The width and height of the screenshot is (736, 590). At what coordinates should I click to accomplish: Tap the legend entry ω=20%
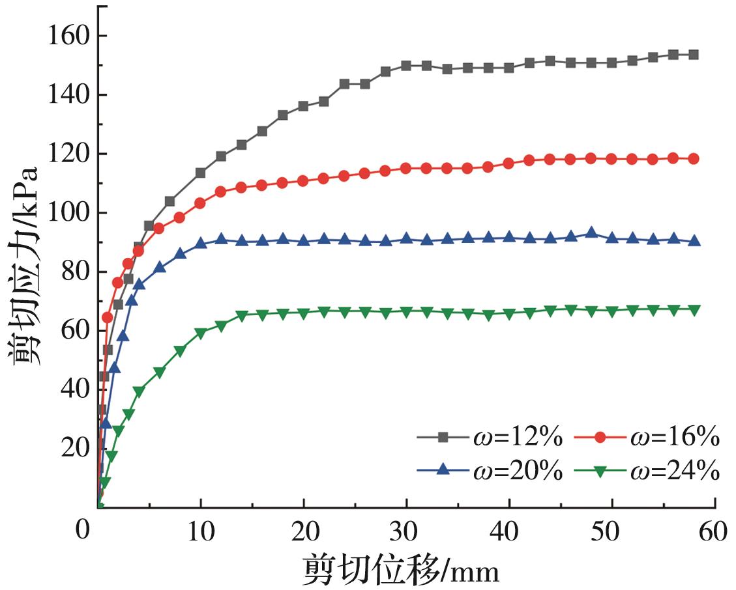pos(489,471)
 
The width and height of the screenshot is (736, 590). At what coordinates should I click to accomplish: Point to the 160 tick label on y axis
pos(69,36)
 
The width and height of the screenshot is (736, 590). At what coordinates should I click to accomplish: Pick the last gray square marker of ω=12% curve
pos(694,55)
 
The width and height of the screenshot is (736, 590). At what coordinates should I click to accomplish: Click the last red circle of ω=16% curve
pos(694,159)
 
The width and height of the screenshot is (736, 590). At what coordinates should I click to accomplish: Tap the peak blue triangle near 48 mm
pos(591,232)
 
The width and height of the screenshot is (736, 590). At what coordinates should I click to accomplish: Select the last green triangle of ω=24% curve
pos(694,310)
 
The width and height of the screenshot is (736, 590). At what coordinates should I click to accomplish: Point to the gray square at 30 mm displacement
pos(406,66)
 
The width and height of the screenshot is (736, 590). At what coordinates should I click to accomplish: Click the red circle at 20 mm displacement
pos(303,181)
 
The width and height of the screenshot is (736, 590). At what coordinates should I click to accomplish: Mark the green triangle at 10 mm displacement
pos(201,333)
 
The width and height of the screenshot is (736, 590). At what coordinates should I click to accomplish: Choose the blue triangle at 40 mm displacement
pos(509,238)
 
